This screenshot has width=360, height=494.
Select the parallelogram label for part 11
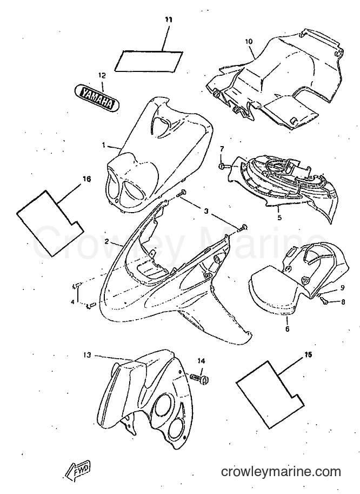click(149, 61)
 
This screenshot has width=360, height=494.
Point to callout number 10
click(249, 41)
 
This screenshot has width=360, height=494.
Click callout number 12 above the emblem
click(102, 75)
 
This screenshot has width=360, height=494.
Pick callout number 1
click(103, 145)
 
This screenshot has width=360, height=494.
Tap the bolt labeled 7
click(222, 166)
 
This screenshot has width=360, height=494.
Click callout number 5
click(279, 217)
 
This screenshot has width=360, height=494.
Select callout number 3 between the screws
click(206, 211)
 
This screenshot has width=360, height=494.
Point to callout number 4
click(72, 301)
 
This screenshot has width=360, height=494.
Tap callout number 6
click(288, 329)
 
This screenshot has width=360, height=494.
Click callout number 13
click(87, 355)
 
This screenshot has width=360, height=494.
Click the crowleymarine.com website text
click(281, 472)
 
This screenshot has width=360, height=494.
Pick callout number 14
click(201, 361)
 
